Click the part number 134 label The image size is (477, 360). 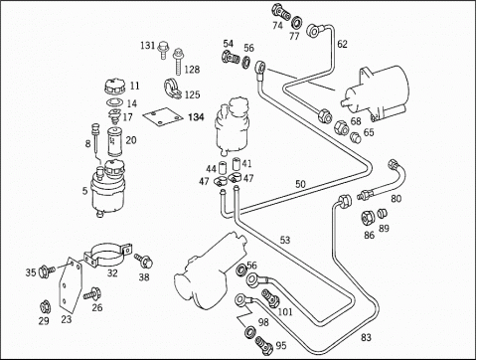196,117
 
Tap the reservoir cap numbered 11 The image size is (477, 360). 115,87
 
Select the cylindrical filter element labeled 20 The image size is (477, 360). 115,142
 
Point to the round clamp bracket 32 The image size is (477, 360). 107,255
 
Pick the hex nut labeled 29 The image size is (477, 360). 44,307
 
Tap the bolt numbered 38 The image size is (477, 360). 143,261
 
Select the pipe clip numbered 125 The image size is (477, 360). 173,89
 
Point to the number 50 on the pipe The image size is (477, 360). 300,184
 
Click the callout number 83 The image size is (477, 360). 366,337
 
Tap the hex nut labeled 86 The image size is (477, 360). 368,217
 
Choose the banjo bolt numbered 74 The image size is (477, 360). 281,12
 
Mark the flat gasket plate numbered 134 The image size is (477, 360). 163,116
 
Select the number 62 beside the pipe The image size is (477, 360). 342,44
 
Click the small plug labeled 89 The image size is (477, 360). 383,214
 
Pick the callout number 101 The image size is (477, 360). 285,312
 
